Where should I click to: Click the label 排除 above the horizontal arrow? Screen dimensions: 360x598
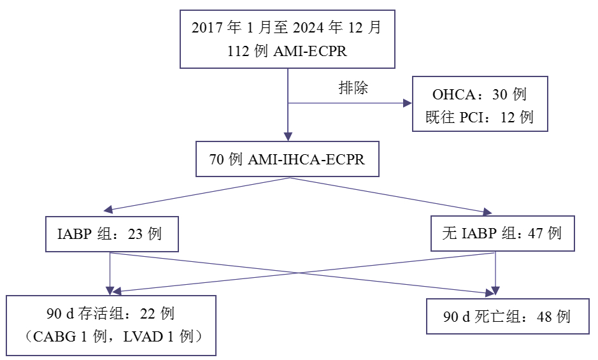(x=353, y=88)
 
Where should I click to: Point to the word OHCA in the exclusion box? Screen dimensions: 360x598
(x=453, y=95)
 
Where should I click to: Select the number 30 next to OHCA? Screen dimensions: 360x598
(x=500, y=95)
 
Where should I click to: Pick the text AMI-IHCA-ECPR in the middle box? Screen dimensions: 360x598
(x=306, y=159)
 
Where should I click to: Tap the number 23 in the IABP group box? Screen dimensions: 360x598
(x=136, y=234)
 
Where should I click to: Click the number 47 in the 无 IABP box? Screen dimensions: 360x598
(x=536, y=233)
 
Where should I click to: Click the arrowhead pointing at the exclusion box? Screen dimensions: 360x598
(x=406, y=103)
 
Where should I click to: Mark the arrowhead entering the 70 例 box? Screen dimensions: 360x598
(x=288, y=136)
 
